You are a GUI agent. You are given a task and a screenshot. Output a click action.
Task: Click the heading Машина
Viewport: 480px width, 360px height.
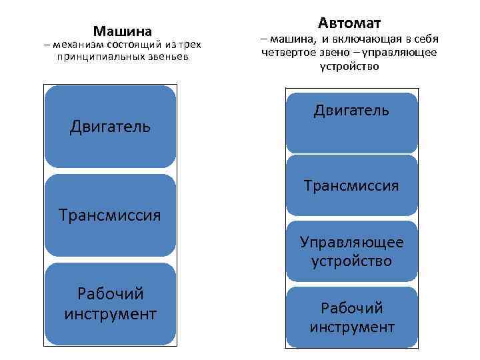[x=123, y=31]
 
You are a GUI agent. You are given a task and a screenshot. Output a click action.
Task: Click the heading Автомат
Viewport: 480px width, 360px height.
[x=349, y=23]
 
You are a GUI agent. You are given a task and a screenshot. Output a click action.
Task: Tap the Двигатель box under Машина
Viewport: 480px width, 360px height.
[x=110, y=126]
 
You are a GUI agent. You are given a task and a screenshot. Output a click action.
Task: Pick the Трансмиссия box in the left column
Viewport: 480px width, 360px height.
[x=110, y=215]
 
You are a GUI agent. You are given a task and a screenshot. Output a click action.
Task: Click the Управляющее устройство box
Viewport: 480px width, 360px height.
[x=351, y=251]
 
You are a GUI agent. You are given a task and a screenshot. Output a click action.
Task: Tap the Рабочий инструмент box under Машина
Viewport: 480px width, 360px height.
[x=110, y=303]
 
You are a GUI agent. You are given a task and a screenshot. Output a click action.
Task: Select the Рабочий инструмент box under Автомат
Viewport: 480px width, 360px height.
[x=351, y=318]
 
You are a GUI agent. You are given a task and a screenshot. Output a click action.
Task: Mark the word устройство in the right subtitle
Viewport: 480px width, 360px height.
[x=349, y=66]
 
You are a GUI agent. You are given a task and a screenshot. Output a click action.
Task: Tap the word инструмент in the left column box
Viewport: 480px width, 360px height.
[x=110, y=313]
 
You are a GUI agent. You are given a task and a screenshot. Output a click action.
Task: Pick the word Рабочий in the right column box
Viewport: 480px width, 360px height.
[x=351, y=309]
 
